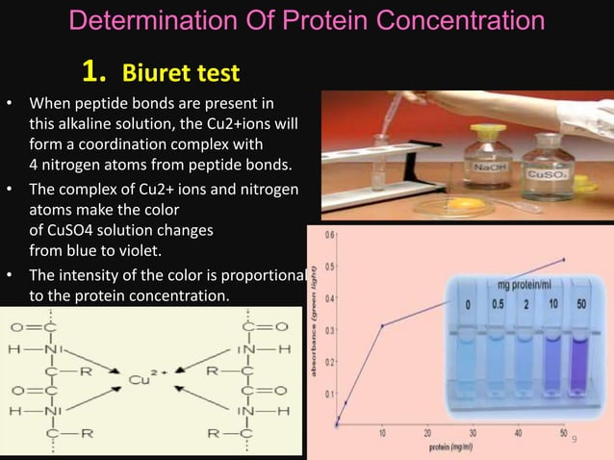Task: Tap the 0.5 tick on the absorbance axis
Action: (x=329, y=267)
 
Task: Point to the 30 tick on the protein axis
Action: (x=473, y=434)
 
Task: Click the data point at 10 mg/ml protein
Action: (x=382, y=325)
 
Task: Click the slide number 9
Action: (x=575, y=440)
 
